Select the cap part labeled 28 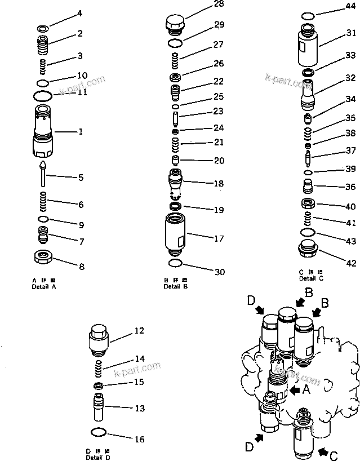[175, 25]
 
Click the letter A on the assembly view [306, 389]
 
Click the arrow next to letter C [324, 450]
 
